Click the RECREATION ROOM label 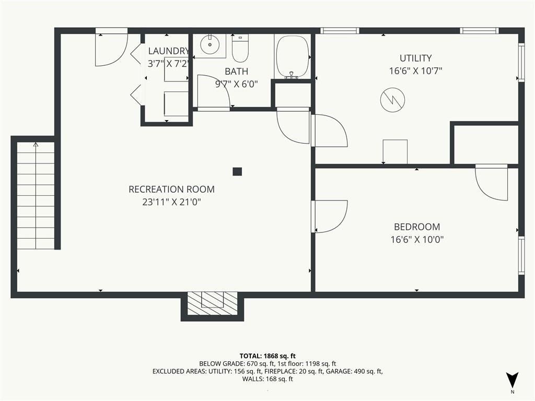(171, 190)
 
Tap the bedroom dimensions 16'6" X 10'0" (416, 240)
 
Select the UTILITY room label (415, 58)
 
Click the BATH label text (236, 72)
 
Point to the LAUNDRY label (168, 51)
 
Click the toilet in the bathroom (240, 49)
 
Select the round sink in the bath (210, 45)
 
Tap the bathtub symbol (292, 56)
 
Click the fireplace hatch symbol (212, 303)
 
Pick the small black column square (237, 171)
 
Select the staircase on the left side (36, 196)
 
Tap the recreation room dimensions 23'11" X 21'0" (171, 202)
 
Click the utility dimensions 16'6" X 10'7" (415, 71)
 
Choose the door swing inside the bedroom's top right (492, 183)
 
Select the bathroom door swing (213, 93)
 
